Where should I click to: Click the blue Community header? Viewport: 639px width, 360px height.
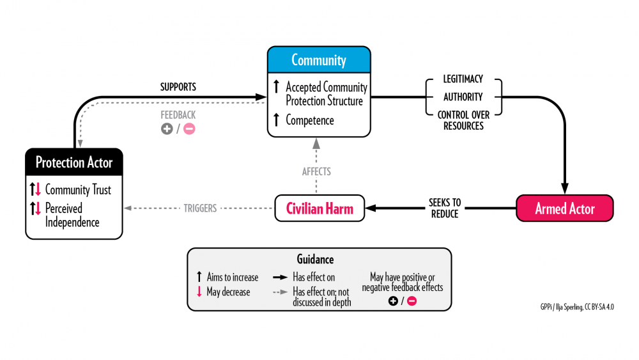point(318,60)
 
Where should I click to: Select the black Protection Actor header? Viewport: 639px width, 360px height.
point(74,162)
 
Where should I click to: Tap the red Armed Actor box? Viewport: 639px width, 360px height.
point(565,208)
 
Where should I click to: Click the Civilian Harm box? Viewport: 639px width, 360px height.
point(319,208)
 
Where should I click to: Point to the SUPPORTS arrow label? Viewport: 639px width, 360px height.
point(178,86)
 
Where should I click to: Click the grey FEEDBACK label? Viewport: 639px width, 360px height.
point(178,115)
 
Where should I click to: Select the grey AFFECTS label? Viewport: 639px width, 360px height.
point(317,171)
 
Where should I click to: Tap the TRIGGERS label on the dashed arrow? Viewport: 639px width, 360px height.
point(200,208)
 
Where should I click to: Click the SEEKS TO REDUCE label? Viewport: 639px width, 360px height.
point(445,208)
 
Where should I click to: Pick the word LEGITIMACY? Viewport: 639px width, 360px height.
point(463,79)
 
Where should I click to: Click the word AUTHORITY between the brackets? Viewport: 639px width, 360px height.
point(463,97)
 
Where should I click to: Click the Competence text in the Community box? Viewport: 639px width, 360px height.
point(309,120)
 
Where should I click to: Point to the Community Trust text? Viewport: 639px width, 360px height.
point(78,190)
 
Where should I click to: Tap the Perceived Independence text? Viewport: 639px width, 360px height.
point(72,215)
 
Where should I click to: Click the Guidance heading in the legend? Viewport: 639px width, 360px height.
point(319,260)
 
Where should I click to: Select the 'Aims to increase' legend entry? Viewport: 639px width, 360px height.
point(232,278)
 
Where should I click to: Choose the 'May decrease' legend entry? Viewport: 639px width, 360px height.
point(229,292)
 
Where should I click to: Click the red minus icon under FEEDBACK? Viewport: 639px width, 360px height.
point(190,129)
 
